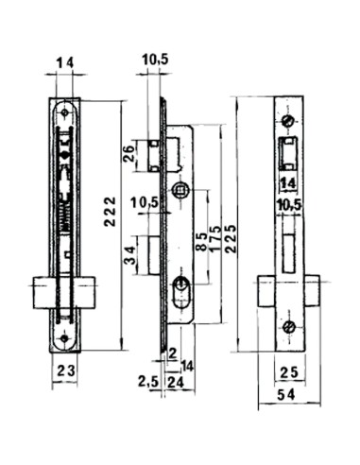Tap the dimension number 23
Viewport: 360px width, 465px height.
click(64, 371)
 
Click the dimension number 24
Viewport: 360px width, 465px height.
click(174, 382)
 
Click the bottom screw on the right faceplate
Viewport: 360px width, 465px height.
click(290, 328)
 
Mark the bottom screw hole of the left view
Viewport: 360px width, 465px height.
click(64, 336)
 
